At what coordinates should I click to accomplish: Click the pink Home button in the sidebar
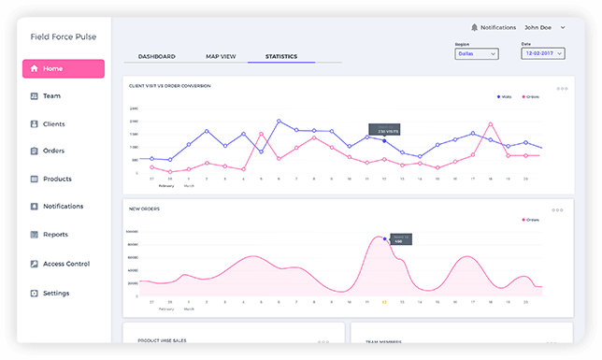(x=64, y=68)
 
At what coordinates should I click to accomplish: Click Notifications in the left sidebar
(x=63, y=206)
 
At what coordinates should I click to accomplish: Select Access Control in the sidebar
(x=64, y=264)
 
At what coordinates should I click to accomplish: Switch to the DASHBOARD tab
(x=156, y=57)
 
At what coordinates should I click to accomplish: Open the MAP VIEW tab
(x=221, y=57)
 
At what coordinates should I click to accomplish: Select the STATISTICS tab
(x=280, y=57)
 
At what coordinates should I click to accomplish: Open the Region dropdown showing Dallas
(x=476, y=54)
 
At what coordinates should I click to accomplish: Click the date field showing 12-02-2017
(x=541, y=54)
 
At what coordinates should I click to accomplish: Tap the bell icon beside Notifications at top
(x=475, y=28)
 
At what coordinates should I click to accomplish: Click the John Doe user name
(x=538, y=28)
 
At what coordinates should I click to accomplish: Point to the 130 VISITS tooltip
(x=382, y=131)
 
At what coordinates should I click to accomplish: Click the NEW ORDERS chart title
(x=144, y=209)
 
